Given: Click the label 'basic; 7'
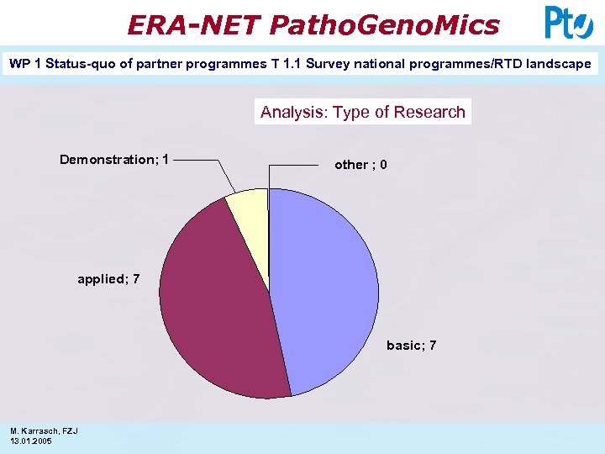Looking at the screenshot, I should pyautogui.click(x=411, y=346).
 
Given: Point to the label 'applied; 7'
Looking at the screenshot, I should pyautogui.click(x=108, y=279).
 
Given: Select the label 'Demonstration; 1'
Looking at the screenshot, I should pyautogui.click(x=114, y=160).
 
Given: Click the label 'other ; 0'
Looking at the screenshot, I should pyautogui.click(x=360, y=165).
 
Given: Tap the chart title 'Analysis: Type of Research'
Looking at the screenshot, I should pyautogui.click(x=362, y=112).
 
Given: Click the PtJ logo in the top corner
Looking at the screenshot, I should pyautogui.click(x=568, y=23).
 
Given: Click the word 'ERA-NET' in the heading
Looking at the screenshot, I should pyautogui.click(x=194, y=25).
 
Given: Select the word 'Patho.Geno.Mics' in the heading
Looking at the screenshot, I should pyautogui.click(x=384, y=25).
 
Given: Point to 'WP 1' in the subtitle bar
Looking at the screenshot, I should pyautogui.click(x=25, y=63).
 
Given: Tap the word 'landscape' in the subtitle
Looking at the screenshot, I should pyautogui.click(x=560, y=63).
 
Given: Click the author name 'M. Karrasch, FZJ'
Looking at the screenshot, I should pyautogui.click(x=44, y=431).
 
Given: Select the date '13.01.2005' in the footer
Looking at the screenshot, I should pyautogui.click(x=32, y=441).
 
